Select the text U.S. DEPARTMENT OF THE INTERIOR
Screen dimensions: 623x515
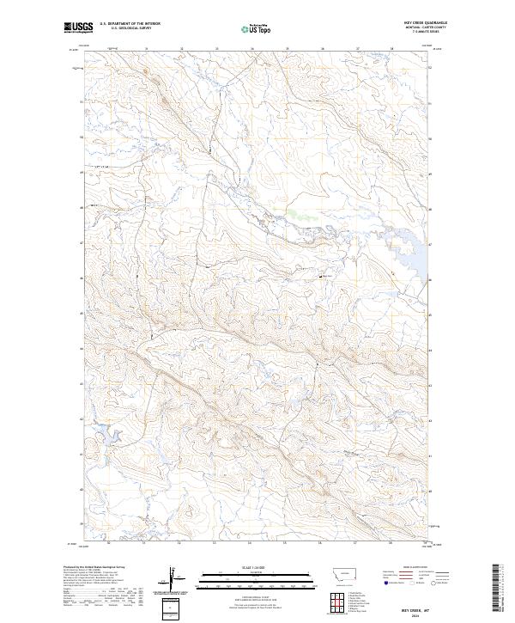coord(130,24)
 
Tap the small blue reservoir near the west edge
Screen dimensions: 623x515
coord(100,433)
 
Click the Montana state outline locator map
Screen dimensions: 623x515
coord(336,577)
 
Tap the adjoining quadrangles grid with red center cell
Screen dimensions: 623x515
coord(336,602)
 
